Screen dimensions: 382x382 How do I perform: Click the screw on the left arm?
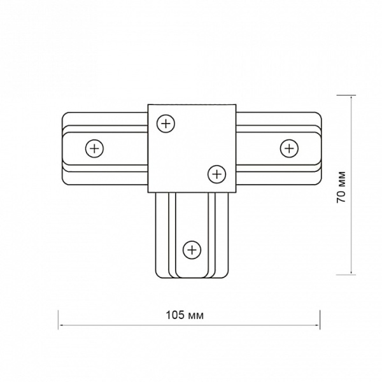[x=94, y=148]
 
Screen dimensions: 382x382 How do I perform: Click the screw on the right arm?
[x=289, y=148]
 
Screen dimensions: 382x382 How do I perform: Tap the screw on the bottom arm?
[x=192, y=250]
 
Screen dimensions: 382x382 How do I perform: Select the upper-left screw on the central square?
[x=166, y=124]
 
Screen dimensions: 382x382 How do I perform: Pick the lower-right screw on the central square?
[x=217, y=174]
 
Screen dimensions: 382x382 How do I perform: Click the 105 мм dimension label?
[x=185, y=315]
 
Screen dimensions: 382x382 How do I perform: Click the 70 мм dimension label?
[x=341, y=187]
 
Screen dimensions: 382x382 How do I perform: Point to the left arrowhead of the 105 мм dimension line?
[x=60, y=325]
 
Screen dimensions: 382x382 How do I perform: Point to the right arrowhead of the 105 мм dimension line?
[x=318, y=325]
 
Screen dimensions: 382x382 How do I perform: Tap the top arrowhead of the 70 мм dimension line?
[x=351, y=97]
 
